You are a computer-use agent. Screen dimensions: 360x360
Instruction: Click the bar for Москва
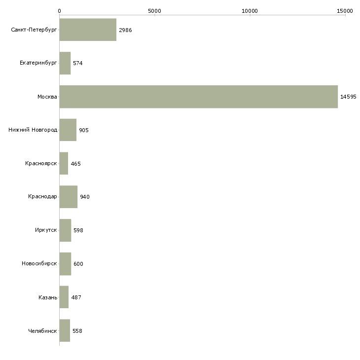click(x=198, y=97)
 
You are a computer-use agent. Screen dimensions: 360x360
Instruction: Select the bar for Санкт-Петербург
click(x=88, y=30)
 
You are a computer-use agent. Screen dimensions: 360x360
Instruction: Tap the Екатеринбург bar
click(x=65, y=63)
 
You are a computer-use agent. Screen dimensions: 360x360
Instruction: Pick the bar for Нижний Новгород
click(x=68, y=130)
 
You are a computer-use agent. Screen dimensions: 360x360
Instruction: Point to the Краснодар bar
click(x=68, y=197)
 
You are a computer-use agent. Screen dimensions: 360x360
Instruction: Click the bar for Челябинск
click(x=65, y=330)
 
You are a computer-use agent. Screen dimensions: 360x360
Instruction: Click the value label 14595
click(x=348, y=97)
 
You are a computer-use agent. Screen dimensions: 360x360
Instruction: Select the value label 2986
click(x=125, y=30)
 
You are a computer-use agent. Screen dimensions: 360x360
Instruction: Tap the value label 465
click(x=75, y=164)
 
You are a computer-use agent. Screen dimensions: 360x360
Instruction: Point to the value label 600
click(x=78, y=264)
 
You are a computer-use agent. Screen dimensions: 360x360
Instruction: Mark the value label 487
click(x=76, y=297)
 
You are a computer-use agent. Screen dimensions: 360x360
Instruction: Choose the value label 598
click(x=78, y=230)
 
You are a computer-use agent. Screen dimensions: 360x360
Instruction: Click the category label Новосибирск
click(x=39, y=264)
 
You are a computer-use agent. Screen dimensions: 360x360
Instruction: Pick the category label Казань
click(x=47, y=297)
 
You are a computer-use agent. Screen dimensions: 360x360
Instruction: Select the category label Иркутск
click(x=46, y=230)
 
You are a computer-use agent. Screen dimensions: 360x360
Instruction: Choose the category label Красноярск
click(x=41, y=164)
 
